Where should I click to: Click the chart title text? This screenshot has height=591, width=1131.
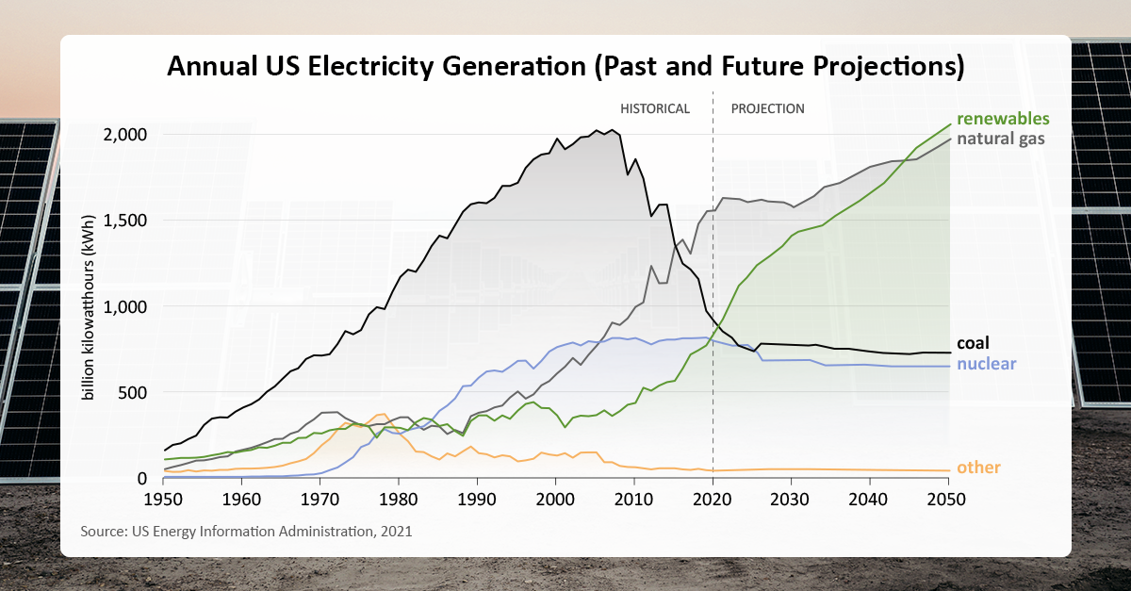pyautogui.click(x=565, y=67)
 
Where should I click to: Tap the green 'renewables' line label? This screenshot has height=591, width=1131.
pyautogui.click(x=1003, y=119)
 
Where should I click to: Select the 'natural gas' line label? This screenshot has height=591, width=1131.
pyautogui.click(x=1001, y=139)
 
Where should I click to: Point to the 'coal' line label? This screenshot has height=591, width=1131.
pyautogui.click(x=973, y=344)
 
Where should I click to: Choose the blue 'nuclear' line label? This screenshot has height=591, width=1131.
pyautogui.click(x=986, y=364)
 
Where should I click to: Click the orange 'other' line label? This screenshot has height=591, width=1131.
pyautogui.click(x=978, y=468)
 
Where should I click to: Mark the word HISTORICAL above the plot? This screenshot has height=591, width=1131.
pyautogui.click(x=654, y=108)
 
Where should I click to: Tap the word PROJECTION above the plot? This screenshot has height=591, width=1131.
pyautogui.click(x=768, y=108)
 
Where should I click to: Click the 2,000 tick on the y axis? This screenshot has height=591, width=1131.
pyautogui.click(x=124, y=134)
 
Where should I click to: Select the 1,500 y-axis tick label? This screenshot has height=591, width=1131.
pyautogui.click(x=125, y=220)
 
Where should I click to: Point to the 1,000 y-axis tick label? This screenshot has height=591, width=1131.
pyautogui.click(x=125, y=306)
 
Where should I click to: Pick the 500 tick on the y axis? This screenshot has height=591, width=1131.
pyautogui.click(x=133, y=392)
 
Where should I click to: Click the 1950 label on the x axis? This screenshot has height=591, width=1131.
pyautogui.click(x=164, y=498)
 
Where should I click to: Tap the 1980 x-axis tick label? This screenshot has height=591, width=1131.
pyautogui.click(x=399, y=498)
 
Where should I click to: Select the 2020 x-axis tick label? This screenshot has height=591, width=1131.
pyautogui.click(x=713, y=498)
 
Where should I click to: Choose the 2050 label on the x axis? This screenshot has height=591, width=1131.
pyautogui.click(x=947, y=498)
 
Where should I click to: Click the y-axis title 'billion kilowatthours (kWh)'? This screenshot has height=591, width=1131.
pyautogui.click(x=89, y=306)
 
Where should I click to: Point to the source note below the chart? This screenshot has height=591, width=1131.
pyautogui.click(x=246, y=532)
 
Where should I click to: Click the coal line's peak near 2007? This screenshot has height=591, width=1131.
pyautogui.click(x=612, y=130)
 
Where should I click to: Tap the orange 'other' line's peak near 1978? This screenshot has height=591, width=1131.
pyautogui.click(x=382, y=414)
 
